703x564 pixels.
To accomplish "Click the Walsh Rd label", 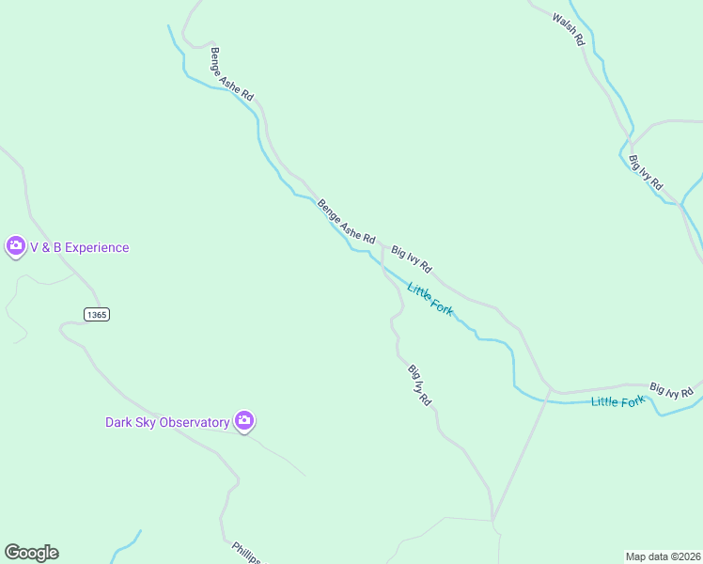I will [569, 30].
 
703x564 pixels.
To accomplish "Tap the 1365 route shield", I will [96, 314].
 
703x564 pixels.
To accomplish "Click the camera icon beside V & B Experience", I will [15, 247].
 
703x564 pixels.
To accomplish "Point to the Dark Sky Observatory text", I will [167, 422].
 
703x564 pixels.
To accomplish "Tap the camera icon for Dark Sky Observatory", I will [244, 421].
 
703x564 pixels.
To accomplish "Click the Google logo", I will [31, 553].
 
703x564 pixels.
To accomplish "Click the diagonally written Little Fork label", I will [430, 299].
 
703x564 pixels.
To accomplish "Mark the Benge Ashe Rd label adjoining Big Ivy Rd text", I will [346, 222].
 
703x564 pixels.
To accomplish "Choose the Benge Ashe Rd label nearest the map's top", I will [232, 74].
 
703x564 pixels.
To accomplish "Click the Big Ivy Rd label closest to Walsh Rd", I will [646, 172].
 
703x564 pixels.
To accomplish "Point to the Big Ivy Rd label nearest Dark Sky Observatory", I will [419, 384].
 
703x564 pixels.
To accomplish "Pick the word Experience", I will [97, 247].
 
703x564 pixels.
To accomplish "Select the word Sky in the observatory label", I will [144, 422].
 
